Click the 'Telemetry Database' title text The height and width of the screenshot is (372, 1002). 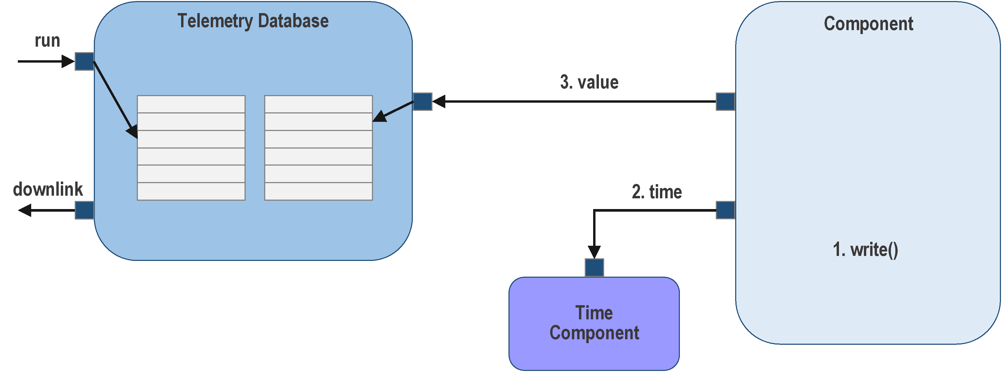point(253,21)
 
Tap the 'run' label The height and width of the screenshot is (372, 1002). point(47,41)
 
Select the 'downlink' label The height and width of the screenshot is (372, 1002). point(48,190)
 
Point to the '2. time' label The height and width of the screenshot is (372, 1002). point(657,192)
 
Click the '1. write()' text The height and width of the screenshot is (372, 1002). point(865,250)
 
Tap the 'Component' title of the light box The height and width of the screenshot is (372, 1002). point(868,24)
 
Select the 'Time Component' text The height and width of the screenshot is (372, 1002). point(594,323)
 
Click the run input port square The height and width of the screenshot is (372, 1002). point(84,61)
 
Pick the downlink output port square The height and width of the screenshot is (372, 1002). point(84,210)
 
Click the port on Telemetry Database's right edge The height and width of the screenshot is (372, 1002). point(423,101)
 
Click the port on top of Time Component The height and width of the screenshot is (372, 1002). point(594,267)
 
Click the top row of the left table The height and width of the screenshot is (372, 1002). point(191,104)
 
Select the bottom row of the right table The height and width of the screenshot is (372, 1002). point(318,191)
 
